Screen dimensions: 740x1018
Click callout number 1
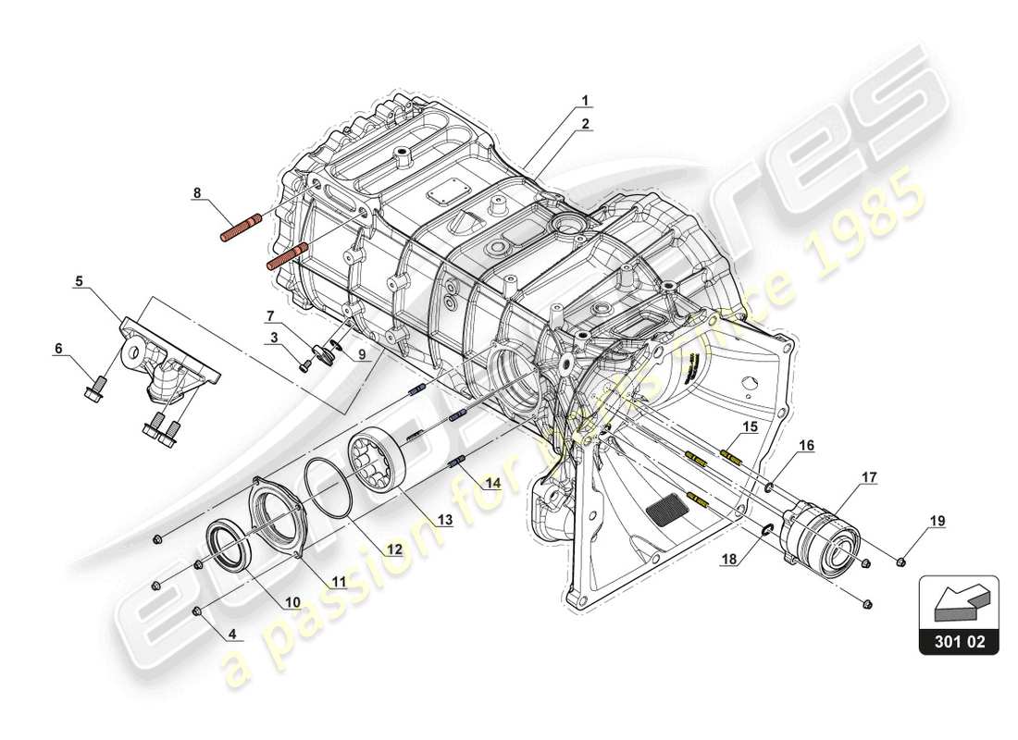[585, 99]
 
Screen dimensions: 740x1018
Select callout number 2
[585, 123]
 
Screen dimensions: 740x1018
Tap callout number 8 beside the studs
[196, 193]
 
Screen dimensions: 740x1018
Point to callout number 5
[80, 279]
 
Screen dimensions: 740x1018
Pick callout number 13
[445, 520]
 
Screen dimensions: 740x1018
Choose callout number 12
[395, 549]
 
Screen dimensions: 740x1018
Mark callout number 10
[292, 602]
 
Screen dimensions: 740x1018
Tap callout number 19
[937, 521]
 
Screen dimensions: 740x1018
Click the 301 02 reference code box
[959, 639]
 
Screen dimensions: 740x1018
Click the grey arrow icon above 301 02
[959, 598]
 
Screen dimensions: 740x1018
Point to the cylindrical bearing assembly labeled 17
[822, 539]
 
